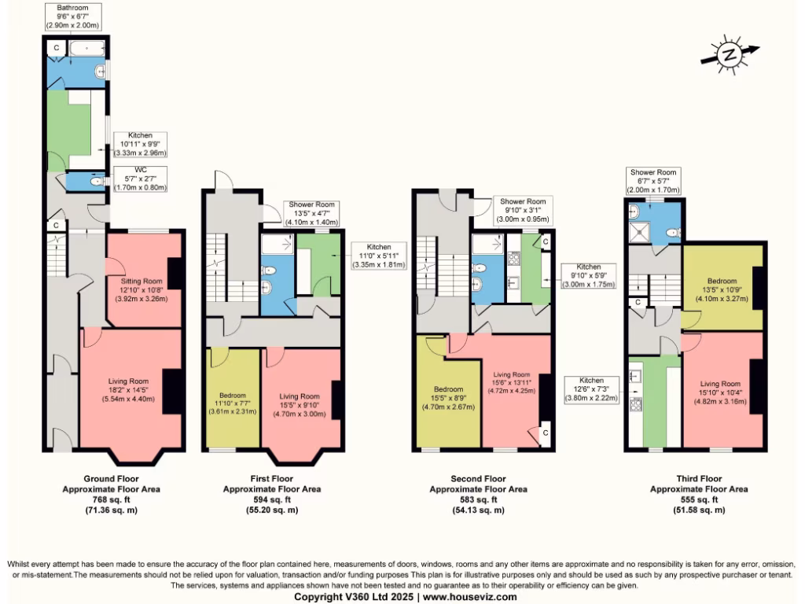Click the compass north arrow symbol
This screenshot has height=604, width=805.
click(730, 54)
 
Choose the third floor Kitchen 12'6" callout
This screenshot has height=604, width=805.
click(592, 389)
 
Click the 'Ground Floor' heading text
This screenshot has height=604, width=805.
click(111, 478)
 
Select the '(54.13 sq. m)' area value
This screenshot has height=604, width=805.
click(477, 510)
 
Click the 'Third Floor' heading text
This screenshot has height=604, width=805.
click(699, 478)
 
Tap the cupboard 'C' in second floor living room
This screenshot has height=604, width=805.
click(544, 433)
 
